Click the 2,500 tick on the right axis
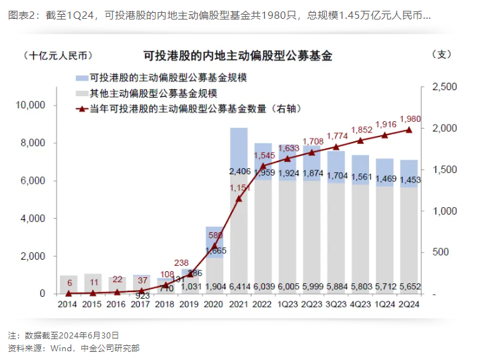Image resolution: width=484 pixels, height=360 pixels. (443, 87)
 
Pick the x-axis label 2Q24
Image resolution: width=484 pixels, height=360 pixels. (409, 305)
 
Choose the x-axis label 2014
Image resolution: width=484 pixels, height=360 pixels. (67, 305)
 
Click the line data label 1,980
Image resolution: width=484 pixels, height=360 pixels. (409, 119)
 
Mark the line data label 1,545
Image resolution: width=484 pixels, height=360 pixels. (264, 154)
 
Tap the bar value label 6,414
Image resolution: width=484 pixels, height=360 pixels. (239, 287)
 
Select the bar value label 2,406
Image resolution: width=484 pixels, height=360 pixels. (239, 172)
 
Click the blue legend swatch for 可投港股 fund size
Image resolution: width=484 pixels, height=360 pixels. (82, 78)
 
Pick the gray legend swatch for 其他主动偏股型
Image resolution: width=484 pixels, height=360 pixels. (82, 93)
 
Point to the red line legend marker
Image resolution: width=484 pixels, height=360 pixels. (82, 108)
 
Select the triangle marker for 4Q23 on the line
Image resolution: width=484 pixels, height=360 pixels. (360, 141)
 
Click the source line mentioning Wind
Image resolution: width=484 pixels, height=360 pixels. (73, 348)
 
